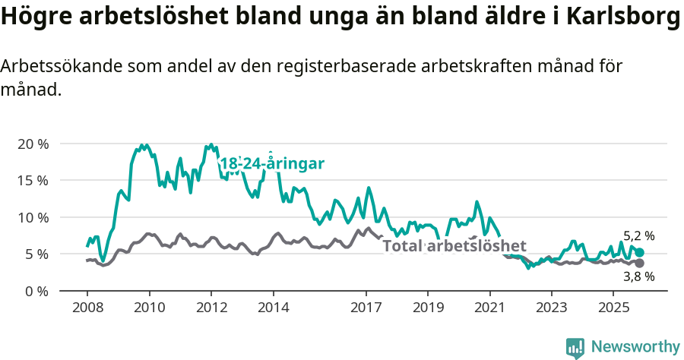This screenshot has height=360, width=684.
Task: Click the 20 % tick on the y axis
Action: click(33, 144)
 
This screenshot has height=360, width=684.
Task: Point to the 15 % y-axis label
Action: click(33, 181)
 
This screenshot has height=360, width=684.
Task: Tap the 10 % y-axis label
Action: click(33, 217)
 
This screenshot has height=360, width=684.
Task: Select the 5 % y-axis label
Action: click(36, 254)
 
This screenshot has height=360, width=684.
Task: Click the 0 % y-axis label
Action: click(36, 291)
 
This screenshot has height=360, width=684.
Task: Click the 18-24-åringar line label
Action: click(271, 163)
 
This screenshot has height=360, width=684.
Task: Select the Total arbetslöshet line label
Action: click(454, 246)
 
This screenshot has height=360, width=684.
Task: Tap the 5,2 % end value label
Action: click(638, 236)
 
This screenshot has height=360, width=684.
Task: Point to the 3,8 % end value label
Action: click(638, 277)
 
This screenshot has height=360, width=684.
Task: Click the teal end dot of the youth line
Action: click(639, 252)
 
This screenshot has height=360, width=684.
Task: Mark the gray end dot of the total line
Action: click(639, 263)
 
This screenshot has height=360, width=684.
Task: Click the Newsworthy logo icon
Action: click(575, 347)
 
